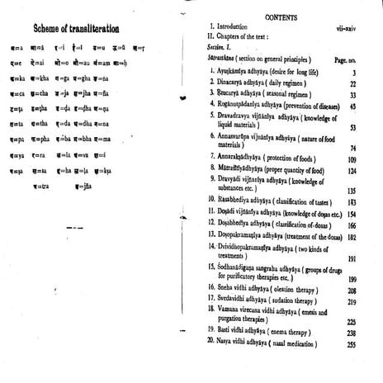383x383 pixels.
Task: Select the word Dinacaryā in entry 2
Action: [x=239, y=85]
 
